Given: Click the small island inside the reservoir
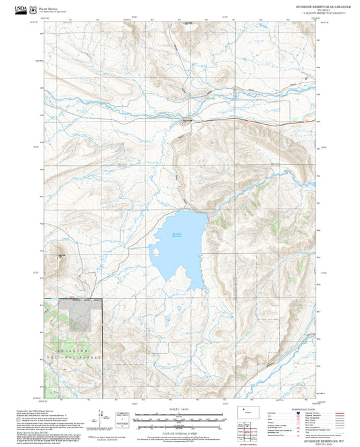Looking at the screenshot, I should coord(157,253).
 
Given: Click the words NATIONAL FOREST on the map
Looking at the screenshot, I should coord(72,354).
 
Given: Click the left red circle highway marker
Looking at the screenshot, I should coord(249,120).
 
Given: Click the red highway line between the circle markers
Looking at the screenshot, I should coord(273,122).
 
